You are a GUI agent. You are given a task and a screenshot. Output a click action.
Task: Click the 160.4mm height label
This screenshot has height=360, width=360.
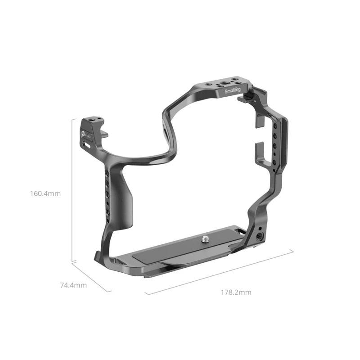click(x=45, y=194)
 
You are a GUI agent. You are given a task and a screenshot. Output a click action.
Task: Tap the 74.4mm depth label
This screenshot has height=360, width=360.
click(x=73, y=285)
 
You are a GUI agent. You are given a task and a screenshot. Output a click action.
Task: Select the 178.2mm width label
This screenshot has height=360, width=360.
click(x=236, y=292)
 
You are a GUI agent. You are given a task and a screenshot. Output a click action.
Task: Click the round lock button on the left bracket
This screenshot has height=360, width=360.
click(x=83, y=133)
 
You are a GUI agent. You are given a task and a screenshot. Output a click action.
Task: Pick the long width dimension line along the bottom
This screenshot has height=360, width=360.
click(x=220, y=272)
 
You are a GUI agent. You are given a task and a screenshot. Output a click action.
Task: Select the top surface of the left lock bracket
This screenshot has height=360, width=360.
click(x=93, y=120)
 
